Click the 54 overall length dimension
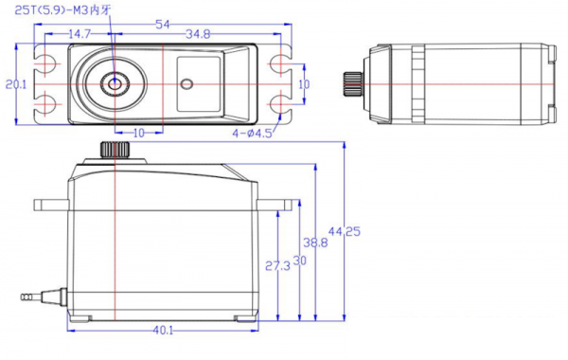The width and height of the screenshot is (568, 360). point(163,25)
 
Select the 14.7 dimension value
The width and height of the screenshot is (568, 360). point(80,34)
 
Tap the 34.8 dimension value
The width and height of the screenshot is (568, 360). point(198,34)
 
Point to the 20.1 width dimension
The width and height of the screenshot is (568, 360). point(16,84)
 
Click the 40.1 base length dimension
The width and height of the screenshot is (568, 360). point(163,331)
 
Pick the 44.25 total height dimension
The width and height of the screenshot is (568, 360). point(345,231)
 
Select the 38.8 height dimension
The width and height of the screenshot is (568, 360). point(315,243)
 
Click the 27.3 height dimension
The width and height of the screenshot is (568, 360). point(277,266)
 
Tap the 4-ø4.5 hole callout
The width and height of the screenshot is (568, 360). point(252,134)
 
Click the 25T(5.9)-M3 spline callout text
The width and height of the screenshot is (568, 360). point(62,10)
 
